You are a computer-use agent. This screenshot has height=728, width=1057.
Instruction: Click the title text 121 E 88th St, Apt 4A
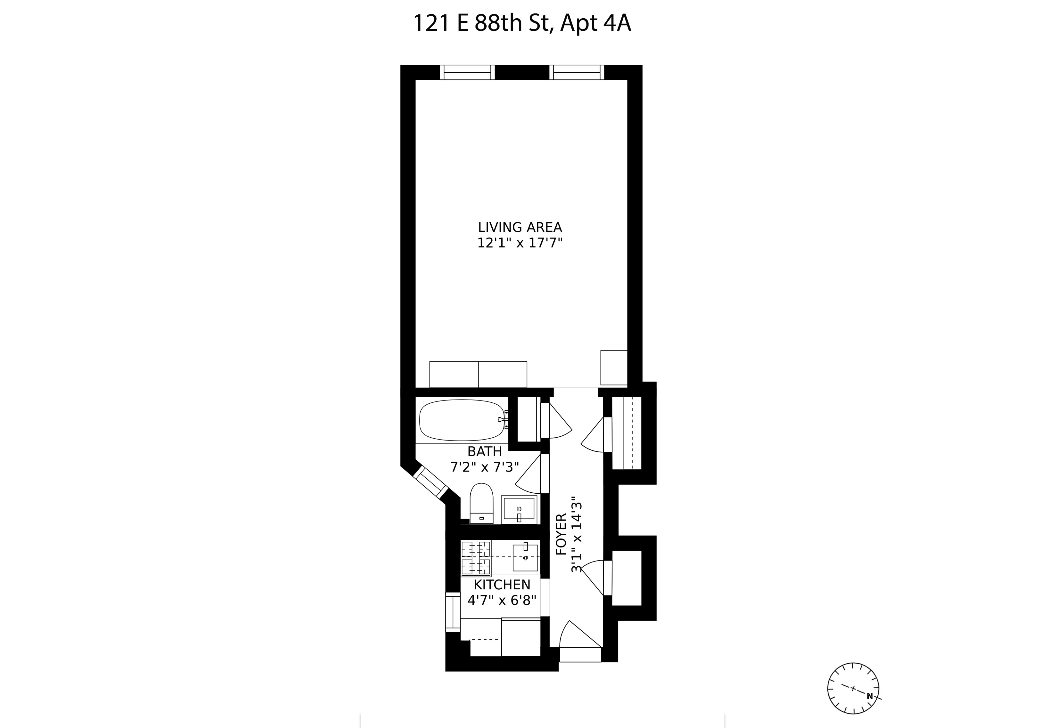(x=522, y=24)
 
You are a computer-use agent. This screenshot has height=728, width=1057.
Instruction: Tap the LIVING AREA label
(x=520, y=227)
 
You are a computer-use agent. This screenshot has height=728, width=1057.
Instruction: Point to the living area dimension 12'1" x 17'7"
(x=520, y=243)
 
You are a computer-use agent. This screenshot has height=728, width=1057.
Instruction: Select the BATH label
(x=485, y=452)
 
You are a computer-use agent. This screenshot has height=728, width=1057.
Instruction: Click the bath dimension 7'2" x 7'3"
(x=485, y=467)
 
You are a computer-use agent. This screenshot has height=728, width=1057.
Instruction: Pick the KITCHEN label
(x=502, y=585)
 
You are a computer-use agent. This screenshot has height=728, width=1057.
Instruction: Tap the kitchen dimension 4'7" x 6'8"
(x=502, y=600)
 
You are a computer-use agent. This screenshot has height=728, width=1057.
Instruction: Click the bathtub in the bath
(x=462, y=420)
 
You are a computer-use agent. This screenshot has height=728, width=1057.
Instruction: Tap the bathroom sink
(x=519, y=510)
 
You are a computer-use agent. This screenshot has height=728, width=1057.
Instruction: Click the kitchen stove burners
(x=476, y=557)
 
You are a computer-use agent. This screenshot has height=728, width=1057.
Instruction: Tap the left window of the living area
(x=467, y=73)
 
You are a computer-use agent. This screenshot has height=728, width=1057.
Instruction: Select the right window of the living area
(x=577, y=73)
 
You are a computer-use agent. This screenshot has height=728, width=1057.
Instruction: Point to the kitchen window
(x=453, y=612)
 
